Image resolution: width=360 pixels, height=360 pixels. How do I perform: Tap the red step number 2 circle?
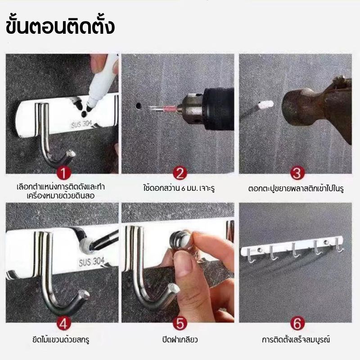point(180,173)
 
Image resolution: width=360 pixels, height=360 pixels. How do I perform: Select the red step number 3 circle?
point(296,173)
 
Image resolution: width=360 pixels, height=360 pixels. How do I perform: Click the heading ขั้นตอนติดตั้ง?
point(61,26)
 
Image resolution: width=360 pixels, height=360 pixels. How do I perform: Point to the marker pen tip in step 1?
point(90,108)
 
